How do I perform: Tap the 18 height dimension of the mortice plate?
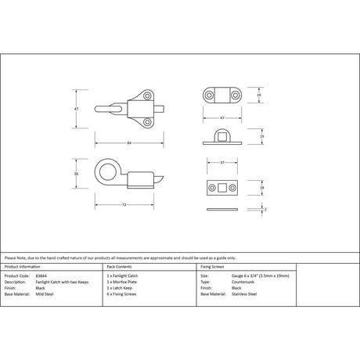(x=261, y=188)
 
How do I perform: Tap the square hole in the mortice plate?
(x=222, y=189)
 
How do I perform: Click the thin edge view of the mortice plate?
(x=222, y=211)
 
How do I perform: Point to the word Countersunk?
(x=241, y=283)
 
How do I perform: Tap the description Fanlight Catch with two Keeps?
(x=63, y=283)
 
